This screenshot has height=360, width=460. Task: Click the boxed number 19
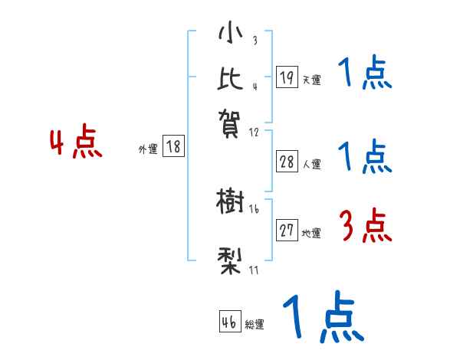[286, 77]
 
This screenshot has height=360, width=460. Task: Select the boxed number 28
[287, 162]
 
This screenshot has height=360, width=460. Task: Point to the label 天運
[310, 80]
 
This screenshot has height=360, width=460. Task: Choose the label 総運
[255, 324]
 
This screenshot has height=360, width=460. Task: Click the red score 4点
[75, 144]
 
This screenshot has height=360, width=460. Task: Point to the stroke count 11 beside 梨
[253, 270]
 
